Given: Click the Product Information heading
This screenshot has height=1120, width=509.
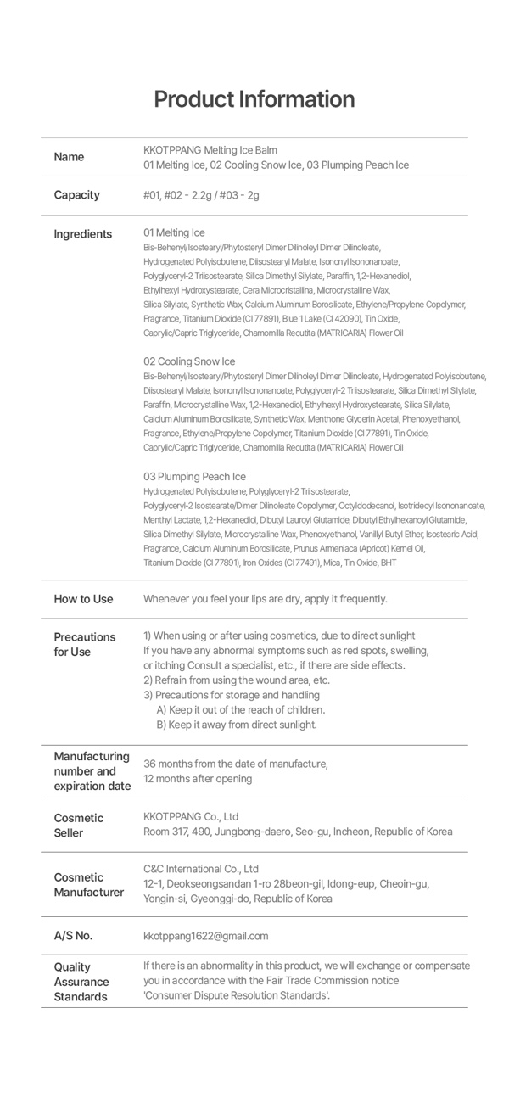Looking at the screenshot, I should point(254,99).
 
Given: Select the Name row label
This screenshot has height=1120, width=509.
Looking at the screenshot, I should point(69,157).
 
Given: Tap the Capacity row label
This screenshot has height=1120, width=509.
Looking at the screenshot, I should point(76,195).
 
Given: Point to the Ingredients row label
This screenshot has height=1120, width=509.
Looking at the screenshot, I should point(82,234).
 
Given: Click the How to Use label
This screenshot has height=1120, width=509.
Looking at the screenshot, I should point(83,599).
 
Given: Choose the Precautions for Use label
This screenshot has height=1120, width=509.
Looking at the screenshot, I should point(84,644).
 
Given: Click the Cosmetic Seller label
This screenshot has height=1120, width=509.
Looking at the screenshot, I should point(78,825).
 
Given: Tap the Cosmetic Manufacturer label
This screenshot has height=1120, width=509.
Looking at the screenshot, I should point(88,884).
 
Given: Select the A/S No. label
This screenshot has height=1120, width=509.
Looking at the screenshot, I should point(73,936).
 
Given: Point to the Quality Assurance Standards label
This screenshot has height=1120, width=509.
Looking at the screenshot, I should point(81,982).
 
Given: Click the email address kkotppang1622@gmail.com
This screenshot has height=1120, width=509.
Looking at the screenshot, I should point(205,936).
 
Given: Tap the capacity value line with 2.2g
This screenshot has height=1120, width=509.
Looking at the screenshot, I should point(201,195).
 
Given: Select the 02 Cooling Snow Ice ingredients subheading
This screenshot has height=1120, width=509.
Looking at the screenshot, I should point(189,361).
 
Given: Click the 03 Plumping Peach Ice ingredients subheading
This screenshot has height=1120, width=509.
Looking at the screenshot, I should point(194,477).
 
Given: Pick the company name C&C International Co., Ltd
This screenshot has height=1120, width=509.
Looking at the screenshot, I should point(201,869).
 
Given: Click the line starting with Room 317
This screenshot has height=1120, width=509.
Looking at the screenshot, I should point(298,832).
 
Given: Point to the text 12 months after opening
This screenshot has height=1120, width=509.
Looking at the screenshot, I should point(198,778).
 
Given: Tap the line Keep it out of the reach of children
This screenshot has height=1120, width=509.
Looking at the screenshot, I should point(240,709).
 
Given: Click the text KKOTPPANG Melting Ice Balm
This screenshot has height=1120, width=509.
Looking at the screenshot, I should point(210,150).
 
